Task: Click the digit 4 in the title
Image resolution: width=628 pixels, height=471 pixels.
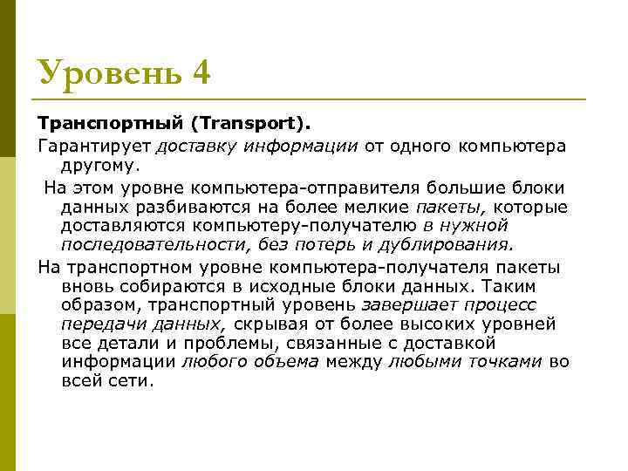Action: (200, 72)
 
